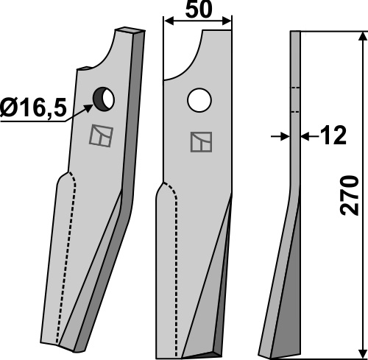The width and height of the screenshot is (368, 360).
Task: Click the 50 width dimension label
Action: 198,10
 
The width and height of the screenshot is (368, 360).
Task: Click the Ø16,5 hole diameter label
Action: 33,108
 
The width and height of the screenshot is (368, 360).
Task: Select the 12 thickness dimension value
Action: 333,135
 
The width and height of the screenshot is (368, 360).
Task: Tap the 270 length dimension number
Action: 350,195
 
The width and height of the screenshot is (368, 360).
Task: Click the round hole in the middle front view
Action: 199,100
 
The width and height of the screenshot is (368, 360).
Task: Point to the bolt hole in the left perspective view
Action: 104,99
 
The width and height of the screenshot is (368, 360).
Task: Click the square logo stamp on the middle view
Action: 201,142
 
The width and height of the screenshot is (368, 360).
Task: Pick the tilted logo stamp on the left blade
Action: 101,135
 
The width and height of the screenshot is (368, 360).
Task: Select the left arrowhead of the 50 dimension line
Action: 169,21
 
